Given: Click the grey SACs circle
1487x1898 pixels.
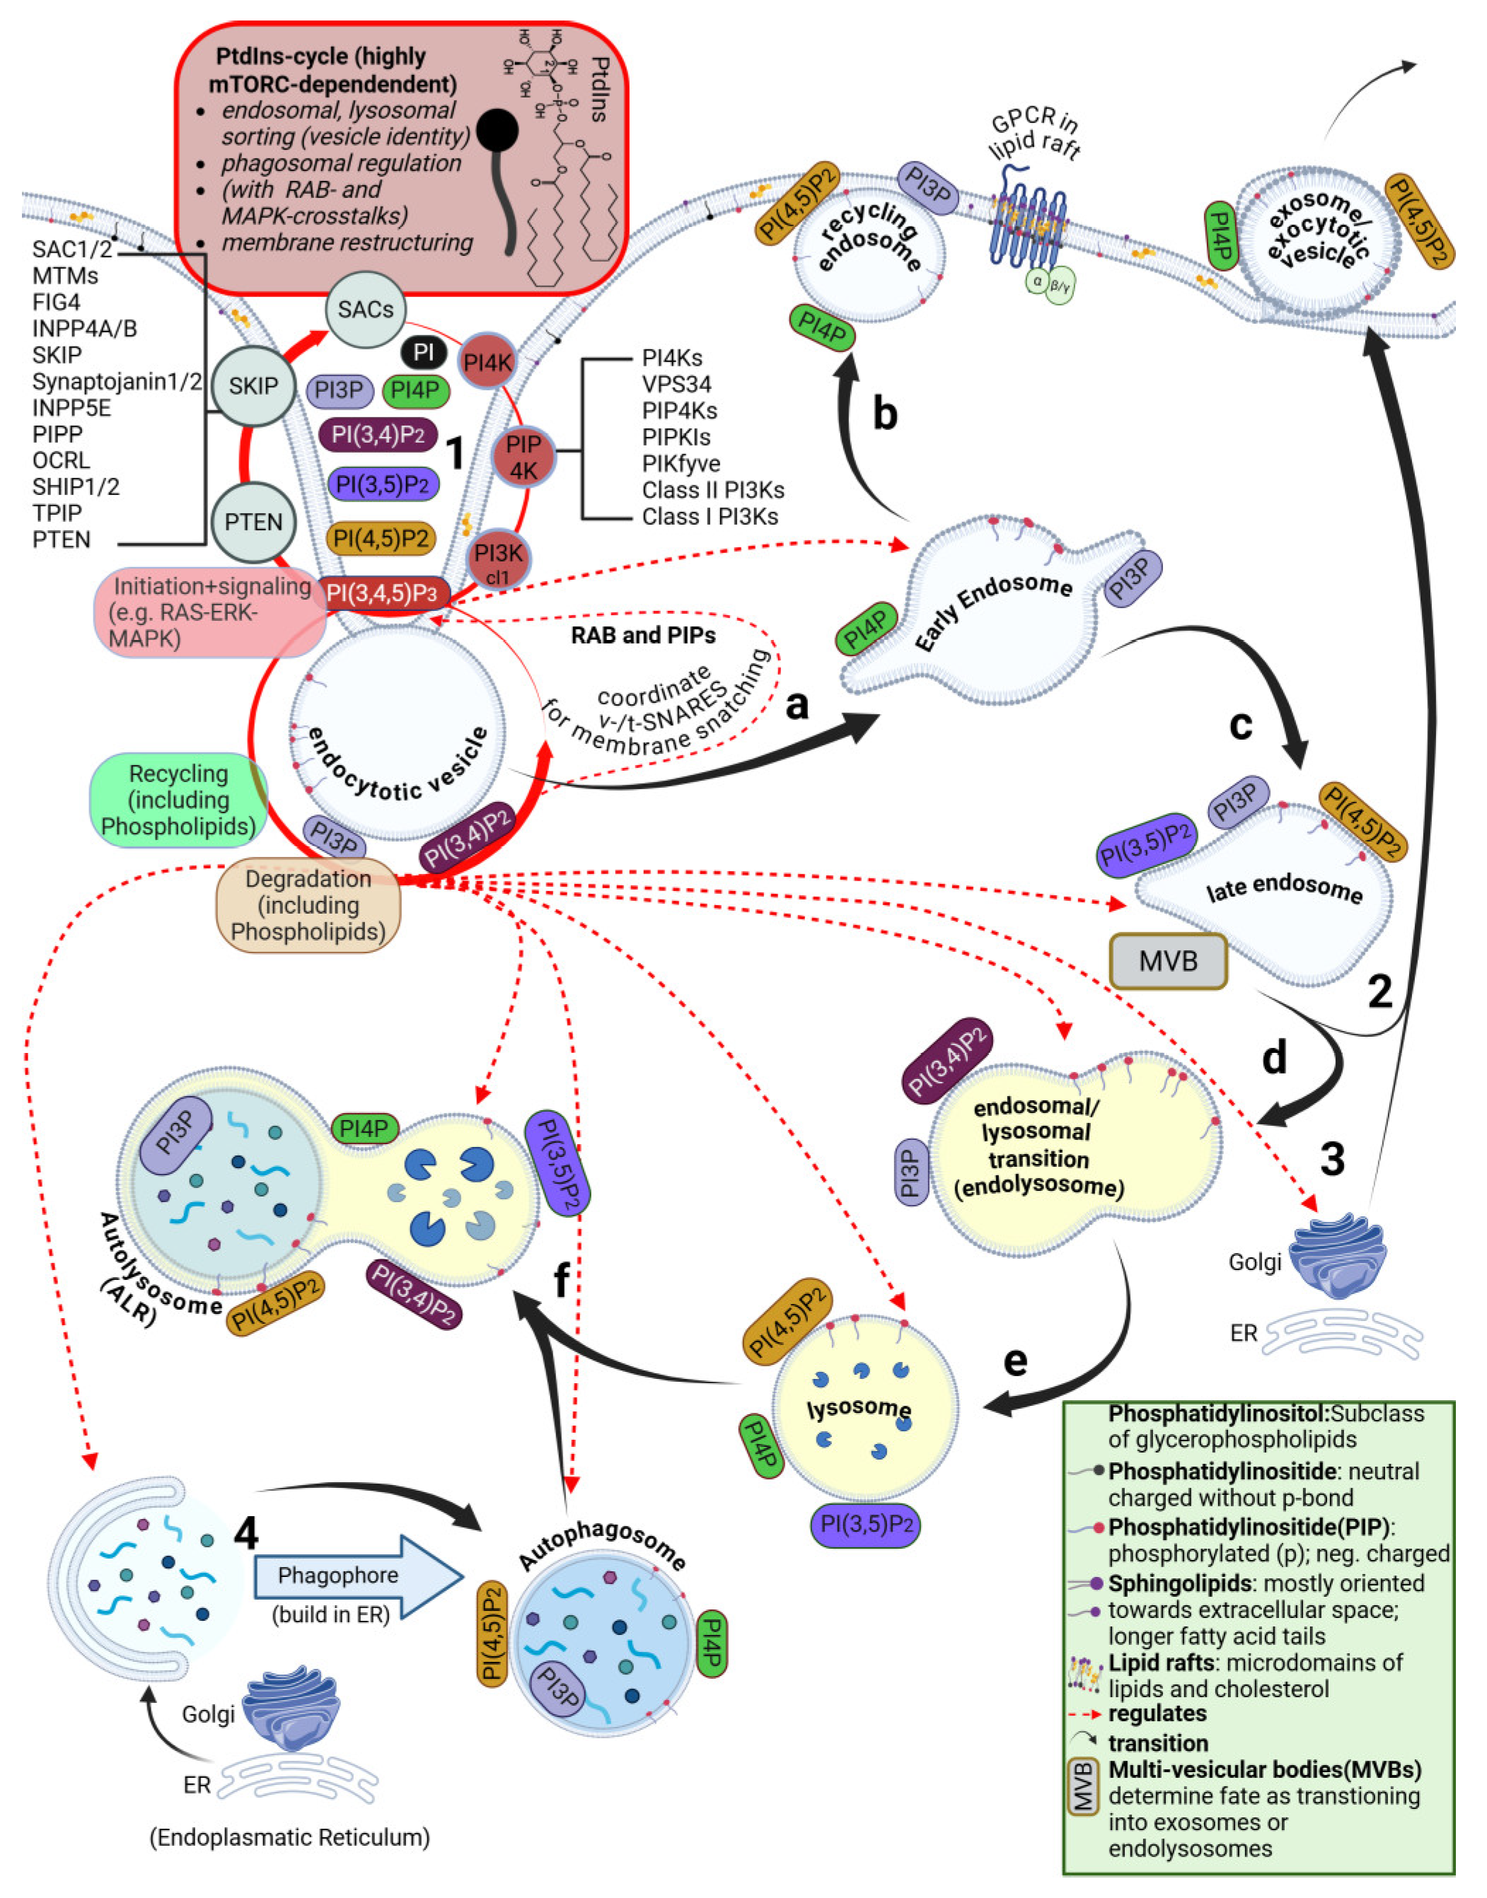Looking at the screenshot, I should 366,309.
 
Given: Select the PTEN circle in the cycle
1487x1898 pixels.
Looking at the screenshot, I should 253,522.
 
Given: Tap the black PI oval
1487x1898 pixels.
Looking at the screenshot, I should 424,352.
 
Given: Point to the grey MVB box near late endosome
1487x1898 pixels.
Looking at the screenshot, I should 1169,962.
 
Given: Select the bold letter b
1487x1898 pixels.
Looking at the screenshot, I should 884,414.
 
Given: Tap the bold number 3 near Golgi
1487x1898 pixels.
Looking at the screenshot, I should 1332,1159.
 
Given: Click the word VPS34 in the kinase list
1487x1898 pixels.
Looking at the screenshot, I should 676,384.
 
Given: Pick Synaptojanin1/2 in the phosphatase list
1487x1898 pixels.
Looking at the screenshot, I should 117,381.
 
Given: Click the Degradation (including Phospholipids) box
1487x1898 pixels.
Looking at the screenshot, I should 308,905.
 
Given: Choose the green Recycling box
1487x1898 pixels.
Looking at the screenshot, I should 178,800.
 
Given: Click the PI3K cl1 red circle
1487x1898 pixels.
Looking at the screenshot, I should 499,559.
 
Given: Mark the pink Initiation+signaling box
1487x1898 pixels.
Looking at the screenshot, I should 209,612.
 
